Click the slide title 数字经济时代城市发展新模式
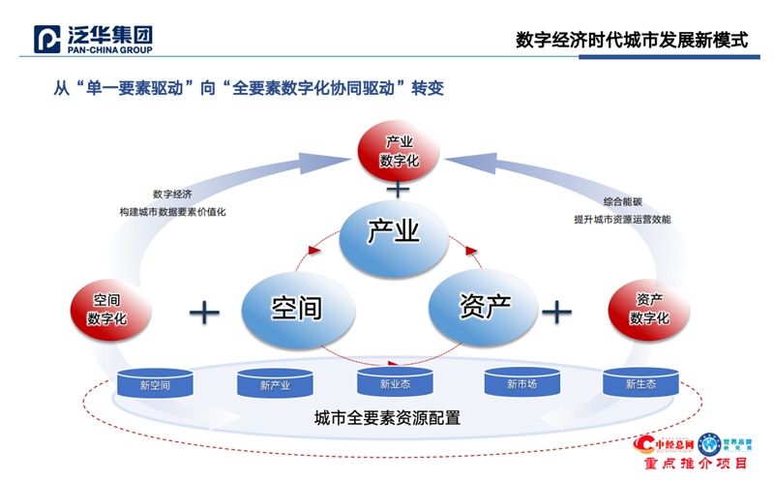click(632, 40)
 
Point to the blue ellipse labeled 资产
click(484, 307)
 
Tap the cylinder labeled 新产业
click(276, 384)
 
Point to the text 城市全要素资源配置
click(386, 418)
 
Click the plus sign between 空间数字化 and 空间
click(204, 311)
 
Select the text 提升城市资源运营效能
click(622, 220)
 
